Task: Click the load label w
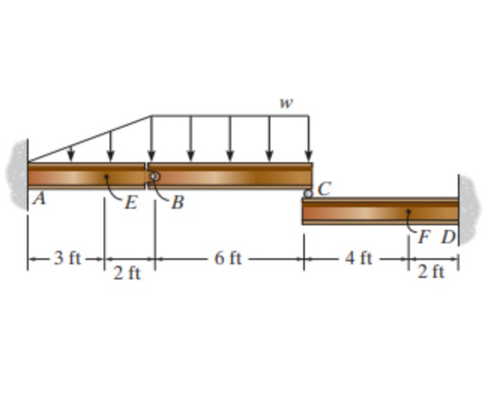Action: click(285, 103)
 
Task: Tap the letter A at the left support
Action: click(35, 199)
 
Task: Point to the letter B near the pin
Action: click(177, 204)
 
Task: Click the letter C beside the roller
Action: click(324, 188)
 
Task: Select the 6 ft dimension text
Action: click(227, 259)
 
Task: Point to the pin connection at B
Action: click(154, 176)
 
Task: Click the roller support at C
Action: click(308, 194)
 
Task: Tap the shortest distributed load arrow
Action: click(71, 153)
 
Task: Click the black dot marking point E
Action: click(107, 177)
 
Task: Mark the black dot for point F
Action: click(408, 212)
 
